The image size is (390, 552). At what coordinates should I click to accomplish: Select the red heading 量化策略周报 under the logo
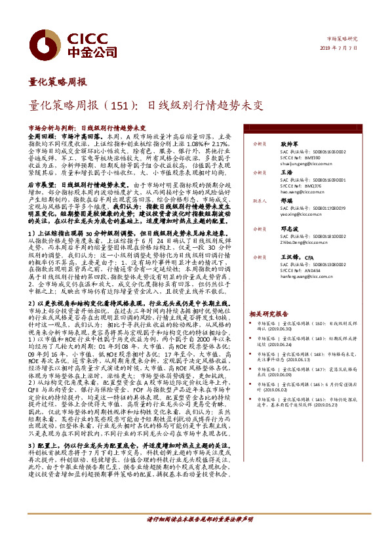click(x=58, y=82)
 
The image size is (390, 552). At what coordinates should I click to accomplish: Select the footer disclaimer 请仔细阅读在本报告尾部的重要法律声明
click(x=199, y=538)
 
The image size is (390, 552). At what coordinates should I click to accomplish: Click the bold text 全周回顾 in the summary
click(x=43, y=134)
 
